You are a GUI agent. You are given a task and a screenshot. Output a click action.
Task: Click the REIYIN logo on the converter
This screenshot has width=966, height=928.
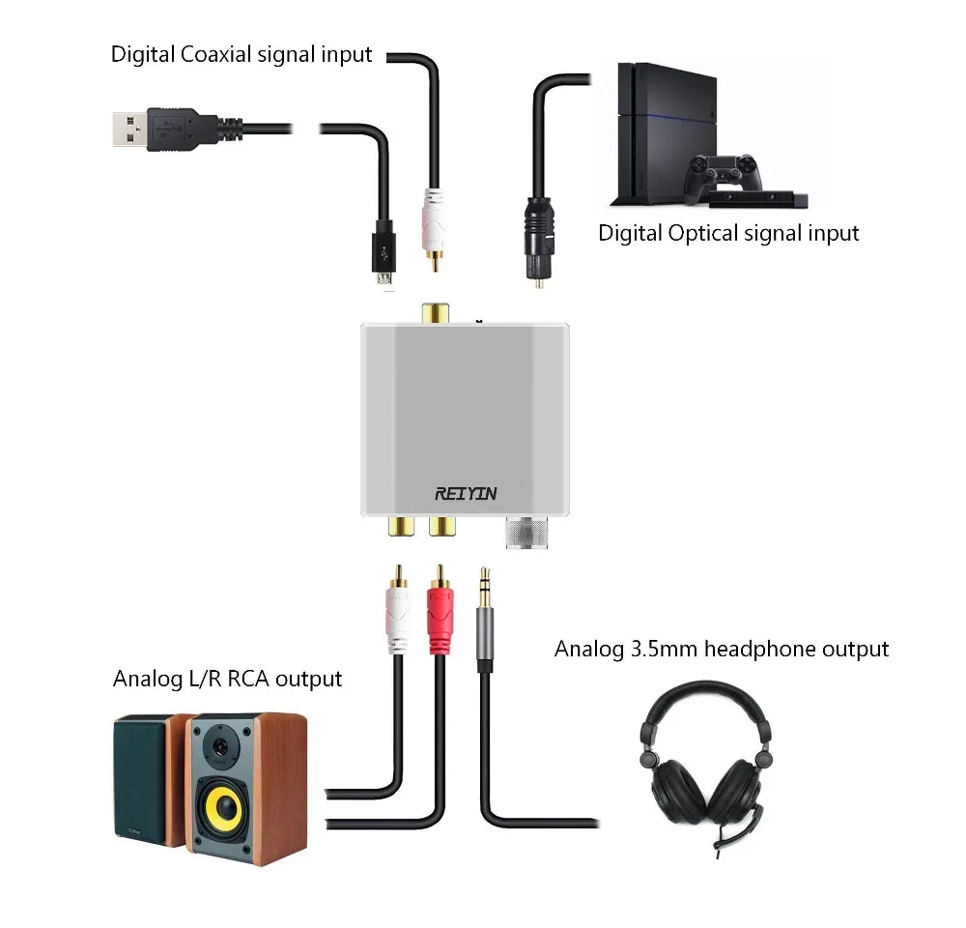click(466, 494)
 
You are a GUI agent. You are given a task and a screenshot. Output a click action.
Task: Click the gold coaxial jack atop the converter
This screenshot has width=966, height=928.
click(434, 315)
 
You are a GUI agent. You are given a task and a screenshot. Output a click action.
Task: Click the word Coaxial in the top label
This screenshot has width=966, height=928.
click(216, 54)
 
